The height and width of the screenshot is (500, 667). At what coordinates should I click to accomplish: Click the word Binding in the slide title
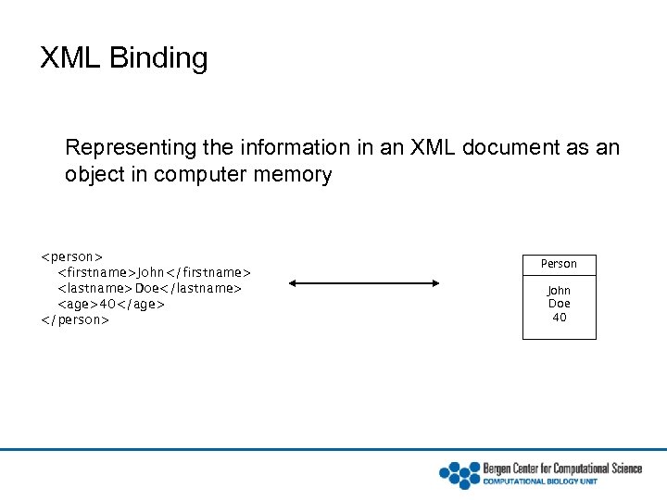[x=158, y=58]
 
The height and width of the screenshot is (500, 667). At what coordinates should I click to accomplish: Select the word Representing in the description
[x=126, y=147]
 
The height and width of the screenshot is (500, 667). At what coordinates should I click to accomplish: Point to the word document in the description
[x=525, y=147]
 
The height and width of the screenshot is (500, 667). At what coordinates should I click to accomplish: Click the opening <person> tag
[x=71, y=256]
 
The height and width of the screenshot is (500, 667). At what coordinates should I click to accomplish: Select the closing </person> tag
[x=74, y=319]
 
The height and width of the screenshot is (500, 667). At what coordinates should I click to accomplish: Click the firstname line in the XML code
[x=154, y=272]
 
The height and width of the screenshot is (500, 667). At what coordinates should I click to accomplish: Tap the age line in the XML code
[x=111, y=304]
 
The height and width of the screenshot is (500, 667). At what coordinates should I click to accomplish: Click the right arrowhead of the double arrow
[x=436, y=284]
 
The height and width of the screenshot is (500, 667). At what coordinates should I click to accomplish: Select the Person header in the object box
[x=559, y=264]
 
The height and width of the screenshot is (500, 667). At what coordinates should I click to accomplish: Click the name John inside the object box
[x=559, y=291]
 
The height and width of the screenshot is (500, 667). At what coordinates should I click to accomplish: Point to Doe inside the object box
[x=559, y=304]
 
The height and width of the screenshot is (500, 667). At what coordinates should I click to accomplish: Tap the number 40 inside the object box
[x=559, y=318]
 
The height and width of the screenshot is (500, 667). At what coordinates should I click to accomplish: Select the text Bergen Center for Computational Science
[x=561, y=469]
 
